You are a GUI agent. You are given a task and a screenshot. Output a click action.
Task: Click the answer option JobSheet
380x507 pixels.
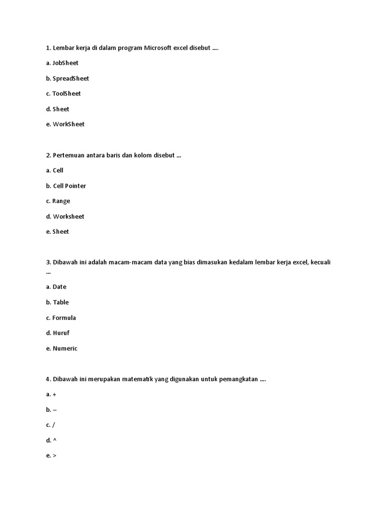pyautogui.click(x=65, y=63)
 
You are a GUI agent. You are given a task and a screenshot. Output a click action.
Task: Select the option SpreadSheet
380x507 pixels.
pyautogui.click(x=71, y=78)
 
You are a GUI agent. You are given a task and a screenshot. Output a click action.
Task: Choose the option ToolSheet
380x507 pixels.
pyautogui.click(x=66, y=94)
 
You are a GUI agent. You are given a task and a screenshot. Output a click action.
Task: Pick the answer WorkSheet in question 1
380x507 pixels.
pyautogui.click(x=68, y=124)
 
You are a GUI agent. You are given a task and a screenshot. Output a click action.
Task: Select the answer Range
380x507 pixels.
pyautogui.click(x=61, y=201)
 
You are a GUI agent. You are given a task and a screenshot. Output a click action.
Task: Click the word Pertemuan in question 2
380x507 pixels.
pyautogui.click(x=69, y=155)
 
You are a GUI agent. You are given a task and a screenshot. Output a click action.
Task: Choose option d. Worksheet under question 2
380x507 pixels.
pyautogui.click(x=68, y=216)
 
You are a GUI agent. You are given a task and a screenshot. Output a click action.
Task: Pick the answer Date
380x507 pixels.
pyautogui.click(x=59, y=287)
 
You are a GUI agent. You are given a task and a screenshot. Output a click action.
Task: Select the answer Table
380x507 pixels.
pyautogui.click(x=61, y=302)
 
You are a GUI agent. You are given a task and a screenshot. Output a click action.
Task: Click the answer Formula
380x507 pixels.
pyautogui.click(x=64, y=318)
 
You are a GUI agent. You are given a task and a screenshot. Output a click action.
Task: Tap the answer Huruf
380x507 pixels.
pyautogui.click(x=61, y=333)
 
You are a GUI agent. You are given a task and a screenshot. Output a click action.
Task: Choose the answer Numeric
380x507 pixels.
pyautogui.click(x=65, y=349)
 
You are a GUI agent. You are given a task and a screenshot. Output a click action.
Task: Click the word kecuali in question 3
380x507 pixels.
pyautogui.click(x=321, y=262)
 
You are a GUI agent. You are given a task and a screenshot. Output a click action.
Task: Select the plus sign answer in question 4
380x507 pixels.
pyautogui.click(x=54, y=395)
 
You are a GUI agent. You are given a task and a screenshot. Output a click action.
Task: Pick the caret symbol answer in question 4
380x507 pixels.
pyautogui.click(x=54, y=440)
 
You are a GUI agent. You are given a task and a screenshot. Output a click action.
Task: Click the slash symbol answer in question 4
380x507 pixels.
pyautogui.click(x=53, y=425)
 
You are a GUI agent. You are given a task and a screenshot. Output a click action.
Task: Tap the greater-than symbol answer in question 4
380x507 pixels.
pyautogui.click(x=54, y=456)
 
